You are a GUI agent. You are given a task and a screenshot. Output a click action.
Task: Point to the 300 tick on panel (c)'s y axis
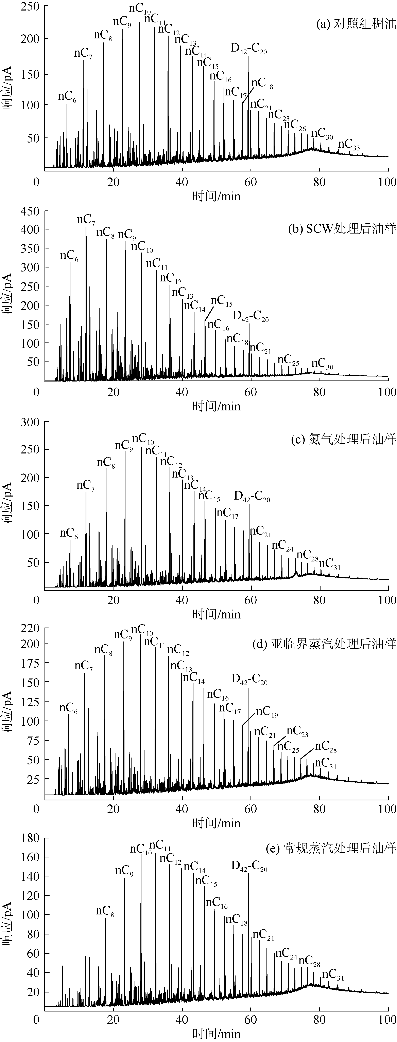tap(30, 422)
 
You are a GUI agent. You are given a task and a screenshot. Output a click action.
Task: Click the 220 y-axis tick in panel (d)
tap(30, 628)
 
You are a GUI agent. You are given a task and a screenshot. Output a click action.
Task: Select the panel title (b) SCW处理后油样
tap(342, 229)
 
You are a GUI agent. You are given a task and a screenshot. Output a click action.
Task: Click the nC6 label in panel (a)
tap(67, 97)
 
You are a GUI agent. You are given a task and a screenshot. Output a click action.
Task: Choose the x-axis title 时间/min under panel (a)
tap(216, 196)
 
